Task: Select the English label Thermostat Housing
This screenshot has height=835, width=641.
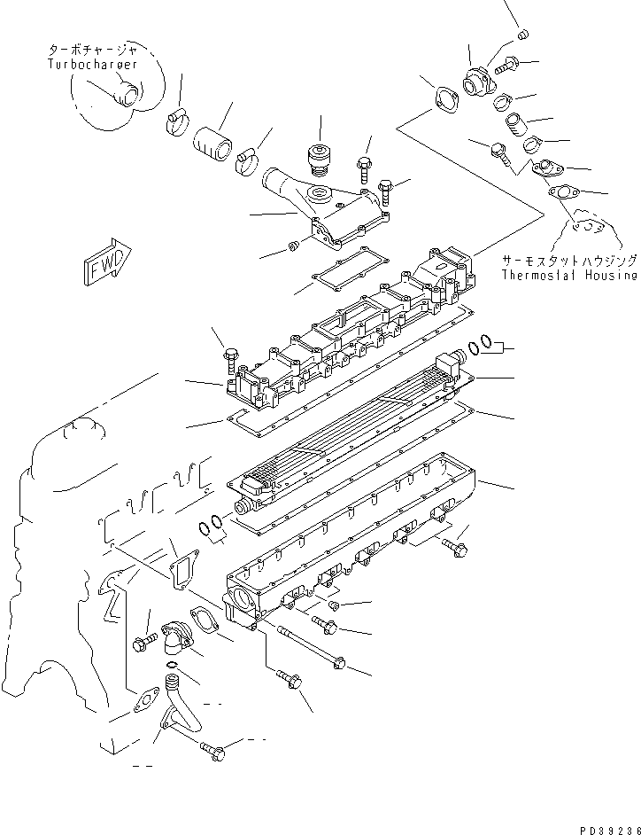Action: coord(568,275)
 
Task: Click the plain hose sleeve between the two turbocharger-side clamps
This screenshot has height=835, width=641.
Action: coord(213,143)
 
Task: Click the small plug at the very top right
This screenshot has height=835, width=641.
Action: coord(522,34)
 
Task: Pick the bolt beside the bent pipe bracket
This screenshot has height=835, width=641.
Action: coord(212,749)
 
